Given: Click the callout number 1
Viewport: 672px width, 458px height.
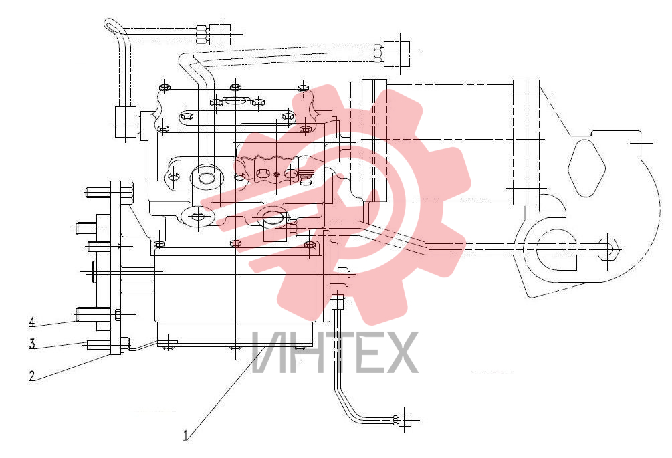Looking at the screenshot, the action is click(x=186, y=435).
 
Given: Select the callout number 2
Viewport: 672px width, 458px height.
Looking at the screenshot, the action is click(x=32, y=376).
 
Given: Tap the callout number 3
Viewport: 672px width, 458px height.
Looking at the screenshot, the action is click(x=32, y=344).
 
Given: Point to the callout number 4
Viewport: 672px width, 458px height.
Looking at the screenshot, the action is click(x=32, y=322).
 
